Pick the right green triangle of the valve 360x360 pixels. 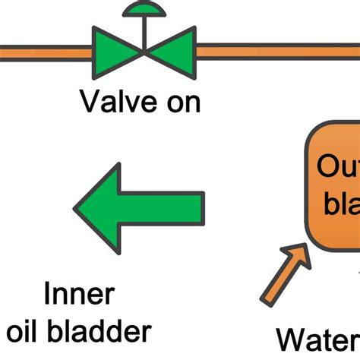[172, 52]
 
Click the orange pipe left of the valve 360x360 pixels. [46, 52]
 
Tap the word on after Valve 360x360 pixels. [181, 101]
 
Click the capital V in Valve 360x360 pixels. [90, 100]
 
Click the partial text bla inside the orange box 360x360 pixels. [341, 204]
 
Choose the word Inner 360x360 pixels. [78, 293]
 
